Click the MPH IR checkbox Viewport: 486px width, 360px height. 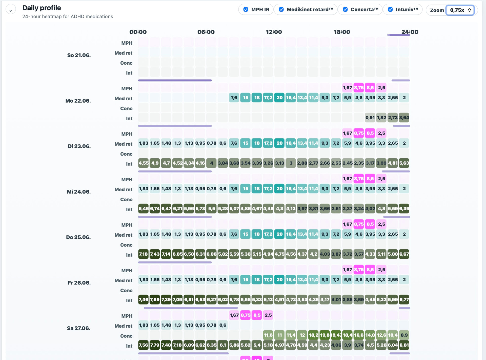coord(246,10)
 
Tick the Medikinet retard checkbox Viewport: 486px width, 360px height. coord(281,10)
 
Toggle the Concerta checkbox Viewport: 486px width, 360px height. coord(345,10)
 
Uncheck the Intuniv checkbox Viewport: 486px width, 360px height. coord(390,10)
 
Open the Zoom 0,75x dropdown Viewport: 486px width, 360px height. coord(460,10)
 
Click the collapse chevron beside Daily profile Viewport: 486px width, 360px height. coord(11,10)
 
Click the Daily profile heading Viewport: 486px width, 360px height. coord(42,8)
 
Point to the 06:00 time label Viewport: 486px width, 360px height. coord(206,32)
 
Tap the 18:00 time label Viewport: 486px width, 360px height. coord(342,32)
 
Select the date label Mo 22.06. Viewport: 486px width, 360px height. coord(78,101)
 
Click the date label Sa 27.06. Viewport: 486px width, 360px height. coord(78,328)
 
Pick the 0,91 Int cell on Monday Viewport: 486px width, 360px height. coord(370,118)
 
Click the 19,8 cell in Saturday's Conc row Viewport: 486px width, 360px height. coord(325,335)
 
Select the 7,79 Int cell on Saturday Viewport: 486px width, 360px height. coord(155,345)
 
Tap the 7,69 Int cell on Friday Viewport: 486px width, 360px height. coord(155,299)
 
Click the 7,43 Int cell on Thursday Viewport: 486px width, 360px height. coord(155,254)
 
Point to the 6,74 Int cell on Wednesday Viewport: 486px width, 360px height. coord(155,209)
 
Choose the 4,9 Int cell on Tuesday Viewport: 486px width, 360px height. coord(155,163)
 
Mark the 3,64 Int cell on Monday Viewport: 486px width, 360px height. coord(404,118)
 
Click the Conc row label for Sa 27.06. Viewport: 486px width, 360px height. coord(126,336)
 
